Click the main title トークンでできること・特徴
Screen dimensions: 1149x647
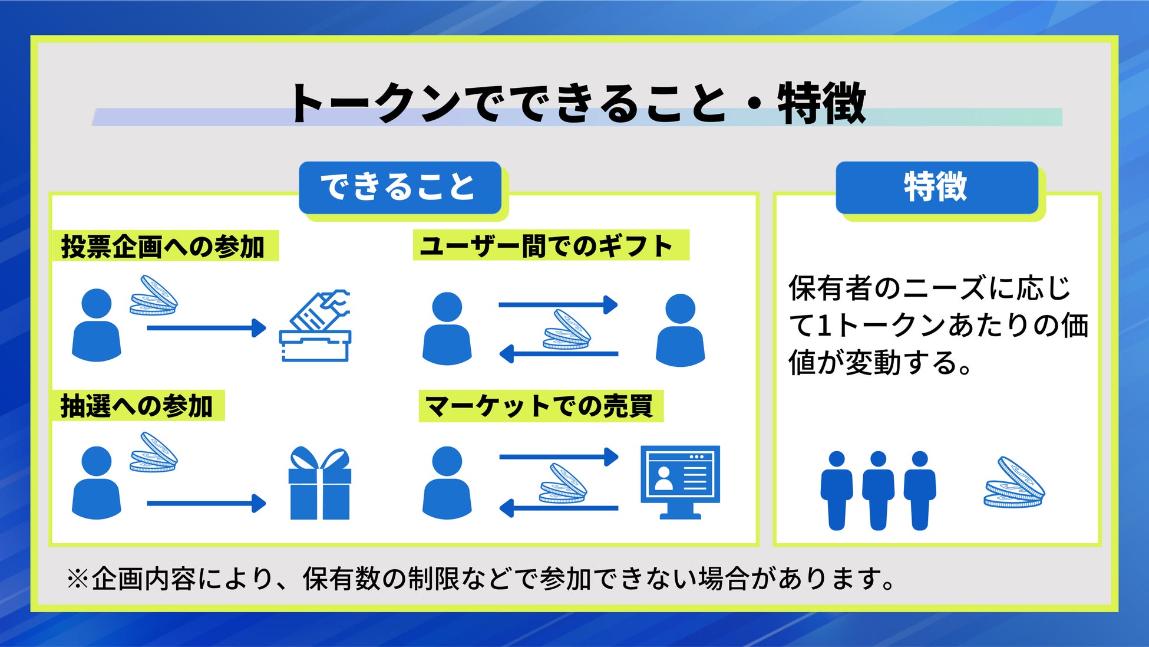577,104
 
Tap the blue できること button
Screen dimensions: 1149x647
399,187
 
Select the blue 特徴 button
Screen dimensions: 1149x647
936,187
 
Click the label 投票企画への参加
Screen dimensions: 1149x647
163,246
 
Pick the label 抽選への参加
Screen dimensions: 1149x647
137,406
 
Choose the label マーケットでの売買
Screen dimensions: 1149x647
540,406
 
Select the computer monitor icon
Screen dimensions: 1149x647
680,481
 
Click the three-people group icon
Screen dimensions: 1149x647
878,490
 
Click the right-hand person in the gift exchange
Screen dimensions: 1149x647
680,330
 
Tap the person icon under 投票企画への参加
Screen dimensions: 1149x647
96,325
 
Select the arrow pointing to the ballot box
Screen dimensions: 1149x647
206,328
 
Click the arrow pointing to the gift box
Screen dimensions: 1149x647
206,504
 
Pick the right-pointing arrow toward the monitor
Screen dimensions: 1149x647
558,456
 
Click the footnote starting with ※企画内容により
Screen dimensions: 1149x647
480,579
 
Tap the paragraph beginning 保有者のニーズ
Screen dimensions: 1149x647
937,326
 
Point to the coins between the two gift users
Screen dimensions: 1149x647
566,330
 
